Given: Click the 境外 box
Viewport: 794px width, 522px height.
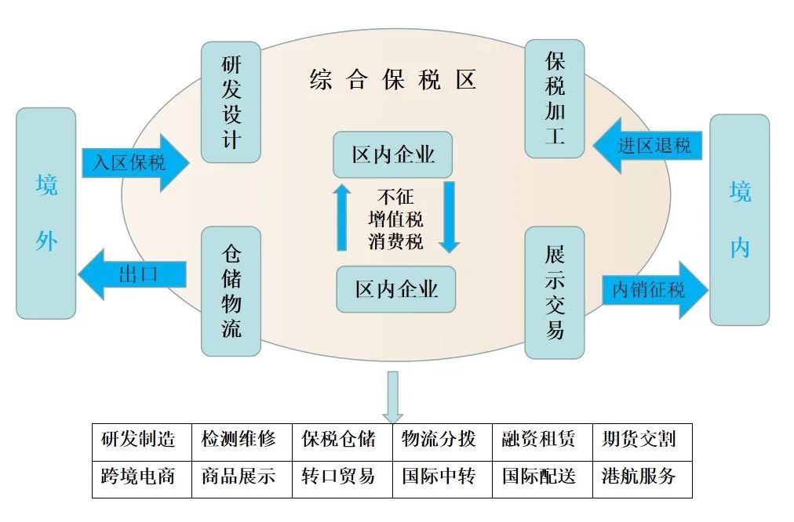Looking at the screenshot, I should click(46, 213).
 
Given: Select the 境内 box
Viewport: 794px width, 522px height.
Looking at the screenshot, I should click(739, 219).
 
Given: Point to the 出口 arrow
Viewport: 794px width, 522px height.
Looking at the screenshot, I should click(133, 274).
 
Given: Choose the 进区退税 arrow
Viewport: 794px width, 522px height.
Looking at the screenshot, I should click(647, 145).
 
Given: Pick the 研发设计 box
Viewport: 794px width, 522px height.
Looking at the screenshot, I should click(231, 103).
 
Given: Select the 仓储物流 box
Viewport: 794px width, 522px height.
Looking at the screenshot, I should click(231, 291).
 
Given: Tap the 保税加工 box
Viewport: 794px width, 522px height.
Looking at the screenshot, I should click(555, 99).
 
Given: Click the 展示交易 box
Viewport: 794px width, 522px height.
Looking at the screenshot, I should click(555, 292).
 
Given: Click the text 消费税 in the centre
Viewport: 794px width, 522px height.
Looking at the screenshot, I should click(395, 242).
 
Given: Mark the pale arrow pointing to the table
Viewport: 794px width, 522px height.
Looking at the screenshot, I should click(392, 397).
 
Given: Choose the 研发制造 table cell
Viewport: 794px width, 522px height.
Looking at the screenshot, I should click(142, 437).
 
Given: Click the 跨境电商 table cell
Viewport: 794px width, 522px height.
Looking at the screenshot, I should click(142, 476).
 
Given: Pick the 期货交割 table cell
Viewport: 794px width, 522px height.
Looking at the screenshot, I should click(642, 437).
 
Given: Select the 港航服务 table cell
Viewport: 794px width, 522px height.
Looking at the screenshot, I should click(642, 476).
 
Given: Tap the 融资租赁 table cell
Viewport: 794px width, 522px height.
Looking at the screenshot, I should click(542, 437).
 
